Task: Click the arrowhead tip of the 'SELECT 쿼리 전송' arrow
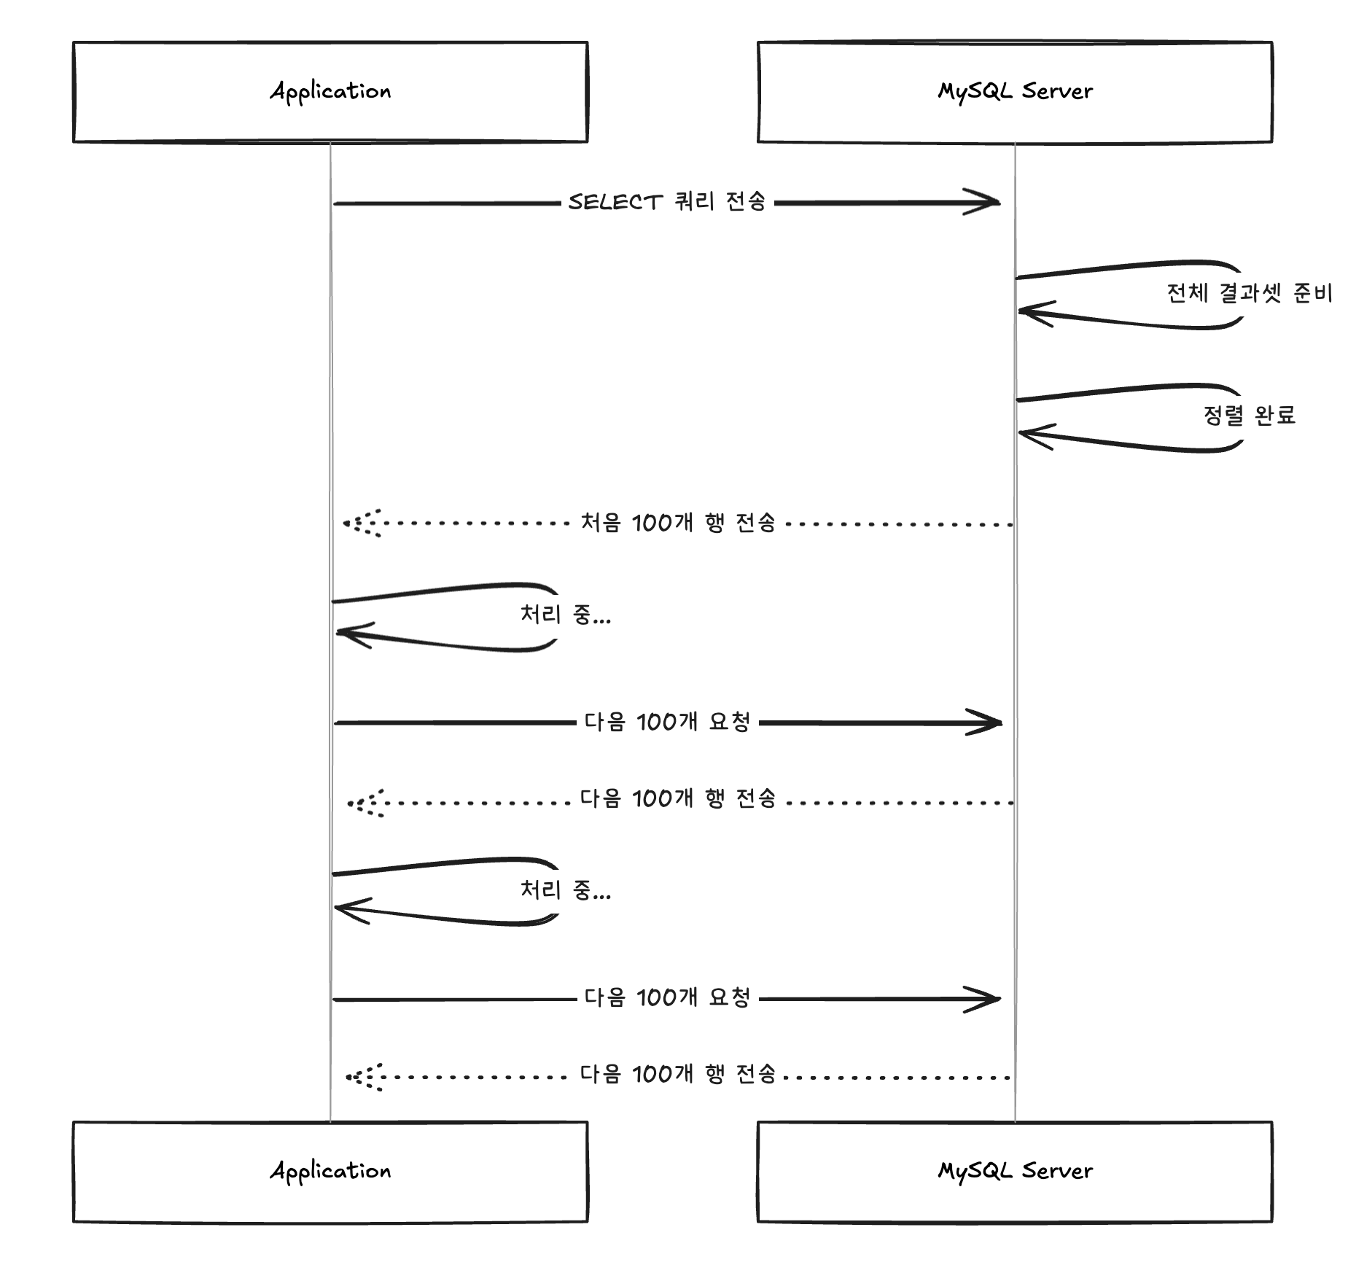point(999,202)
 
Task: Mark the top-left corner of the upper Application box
point(74,42)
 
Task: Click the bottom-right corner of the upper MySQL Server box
point(1272,141)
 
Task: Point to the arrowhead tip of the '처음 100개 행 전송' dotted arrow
point(344,523)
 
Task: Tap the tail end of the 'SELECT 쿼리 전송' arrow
point(334,203)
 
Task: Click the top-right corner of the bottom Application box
point(588,1122)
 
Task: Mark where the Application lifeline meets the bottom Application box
point(330,1122)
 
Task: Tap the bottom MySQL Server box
point(1015,1172)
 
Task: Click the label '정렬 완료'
point(1250,416)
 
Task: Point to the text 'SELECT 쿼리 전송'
point(667,202)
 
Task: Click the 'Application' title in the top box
point(330,92)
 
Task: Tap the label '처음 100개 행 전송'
point(678,523)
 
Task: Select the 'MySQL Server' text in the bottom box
point(1015,1171)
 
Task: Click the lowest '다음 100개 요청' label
point(667,997)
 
